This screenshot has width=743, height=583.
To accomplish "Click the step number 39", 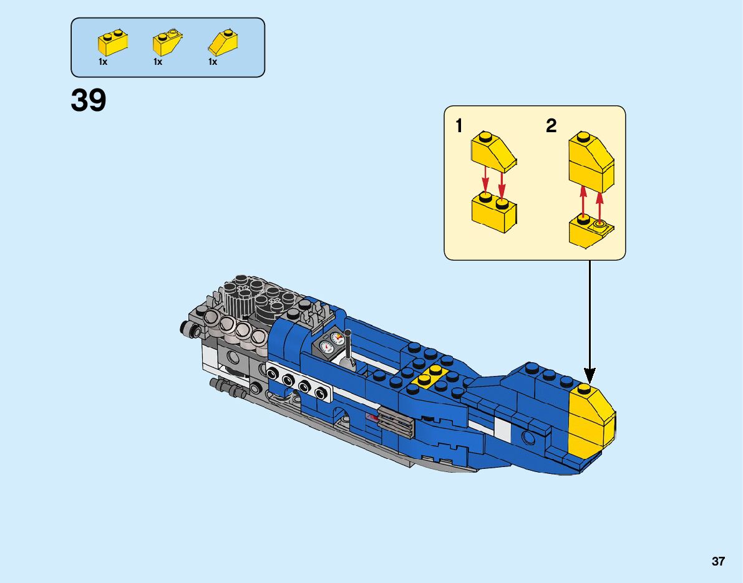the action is (x=89, y=100).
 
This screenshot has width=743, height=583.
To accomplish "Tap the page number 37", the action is (x=718, y=562).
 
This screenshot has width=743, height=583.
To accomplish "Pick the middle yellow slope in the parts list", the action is (x=167, y=43).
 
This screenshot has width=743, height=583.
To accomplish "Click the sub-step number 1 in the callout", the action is (x=459, y=127).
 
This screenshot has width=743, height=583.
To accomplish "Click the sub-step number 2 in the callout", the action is (x=551, y=127).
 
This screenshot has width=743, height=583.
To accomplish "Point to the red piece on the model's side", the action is (x=373, y=417).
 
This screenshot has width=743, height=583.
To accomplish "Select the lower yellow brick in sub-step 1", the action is (x=492, y=212).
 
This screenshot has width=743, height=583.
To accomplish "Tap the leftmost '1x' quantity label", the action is (x=103, y=62).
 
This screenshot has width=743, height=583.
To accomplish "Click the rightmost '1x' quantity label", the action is (x=213, y=62).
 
